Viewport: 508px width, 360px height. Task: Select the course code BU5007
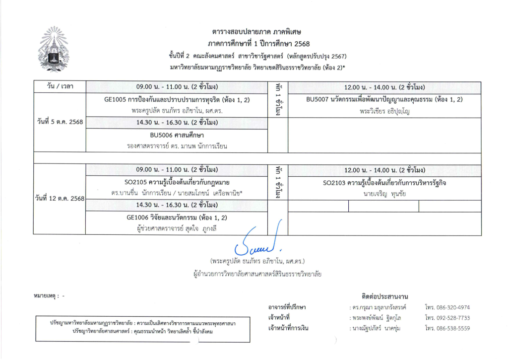[318, 100]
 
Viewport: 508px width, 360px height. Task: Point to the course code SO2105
[135, 182]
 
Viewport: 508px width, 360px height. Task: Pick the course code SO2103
[335, 183]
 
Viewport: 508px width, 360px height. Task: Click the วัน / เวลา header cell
[60, 87]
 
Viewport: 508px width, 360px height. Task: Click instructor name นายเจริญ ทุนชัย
[384, 194]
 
